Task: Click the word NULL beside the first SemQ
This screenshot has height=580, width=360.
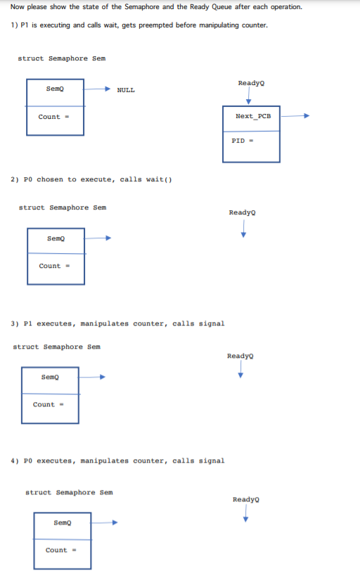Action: (x=126, y=90)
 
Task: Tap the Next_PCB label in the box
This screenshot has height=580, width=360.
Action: (x=252, y=115)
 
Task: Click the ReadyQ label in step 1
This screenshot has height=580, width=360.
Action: (x=251, y=83)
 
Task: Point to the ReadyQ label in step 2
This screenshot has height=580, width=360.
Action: (x=242, y=212)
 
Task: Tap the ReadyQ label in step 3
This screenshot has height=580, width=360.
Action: (x=240, y=356)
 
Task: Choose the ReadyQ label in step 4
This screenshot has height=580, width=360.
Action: (x=245, y=499)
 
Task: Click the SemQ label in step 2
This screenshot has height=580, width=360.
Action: (x=55, y=238)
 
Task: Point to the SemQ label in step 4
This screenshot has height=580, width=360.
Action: (x=62, y=522)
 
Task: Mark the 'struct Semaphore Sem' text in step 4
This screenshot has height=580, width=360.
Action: (x=69, y=492)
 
